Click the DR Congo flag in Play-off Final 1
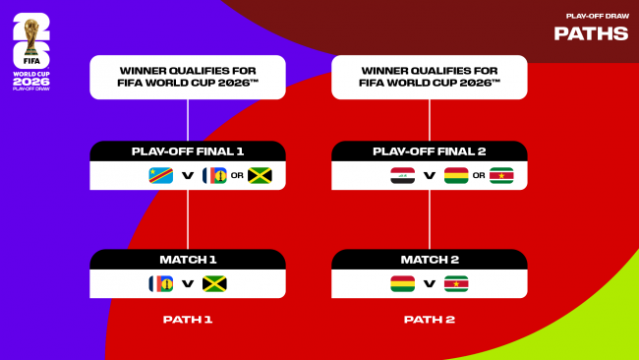pyautogui.click(x=159, y=176)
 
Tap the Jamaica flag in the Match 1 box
pyautogui.click(x=214, y=284)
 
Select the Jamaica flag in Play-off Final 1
pyautogui.click(x=260, y=176)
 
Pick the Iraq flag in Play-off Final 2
pyautogui.click(x=402, y=176)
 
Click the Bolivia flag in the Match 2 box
pyautogui.click(x=402, y=284)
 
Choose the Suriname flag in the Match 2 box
pyautogui.click(x=456, y=284)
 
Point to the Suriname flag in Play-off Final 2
pyautogui.click(x=501, y=176)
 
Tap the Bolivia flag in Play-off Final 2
pyautogui.click(x=456, y=176)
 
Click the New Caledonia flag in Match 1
pyautogui.click(x=160, y=284)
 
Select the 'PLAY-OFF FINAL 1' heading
pyautogui.click(x=188, y=151)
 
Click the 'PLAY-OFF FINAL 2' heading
pyautogui.click(x=430, y=151)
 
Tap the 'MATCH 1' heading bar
pyautogui.click(x=188, y=260)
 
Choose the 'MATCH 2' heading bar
pyautogui.click(x=430, y=260)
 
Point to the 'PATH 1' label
pyautogui.click(x=188, y=320)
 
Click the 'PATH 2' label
pyautogui.click(x=430, y=320)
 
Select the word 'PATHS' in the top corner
pyautogui.click(x=591, y=33)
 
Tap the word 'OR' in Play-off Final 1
pyautogui.click(x=237, y=177)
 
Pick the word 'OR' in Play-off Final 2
pyautogui.click(x=479, y=177)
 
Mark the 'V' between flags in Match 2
pyautogui.click(x=430, y=285)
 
